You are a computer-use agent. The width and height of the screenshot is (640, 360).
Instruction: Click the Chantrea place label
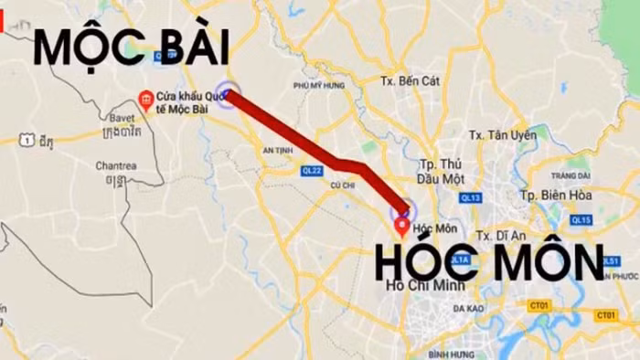coord(115,165)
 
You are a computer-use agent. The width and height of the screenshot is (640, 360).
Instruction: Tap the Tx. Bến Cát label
coord(411,80)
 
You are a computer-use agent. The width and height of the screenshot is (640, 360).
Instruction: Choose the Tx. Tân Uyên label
coord(500,134)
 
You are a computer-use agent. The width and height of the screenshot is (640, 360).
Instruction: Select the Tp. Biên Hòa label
coord(556,195)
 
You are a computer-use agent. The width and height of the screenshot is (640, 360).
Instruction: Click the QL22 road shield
coord(312,170)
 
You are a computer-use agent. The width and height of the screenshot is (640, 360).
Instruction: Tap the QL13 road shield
coord(471,197)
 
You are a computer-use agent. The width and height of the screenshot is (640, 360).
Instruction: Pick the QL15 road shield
coord(581,219)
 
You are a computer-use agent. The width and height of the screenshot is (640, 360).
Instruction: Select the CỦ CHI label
coord(343,185)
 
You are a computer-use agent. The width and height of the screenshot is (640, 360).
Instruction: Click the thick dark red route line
coord(311,149)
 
